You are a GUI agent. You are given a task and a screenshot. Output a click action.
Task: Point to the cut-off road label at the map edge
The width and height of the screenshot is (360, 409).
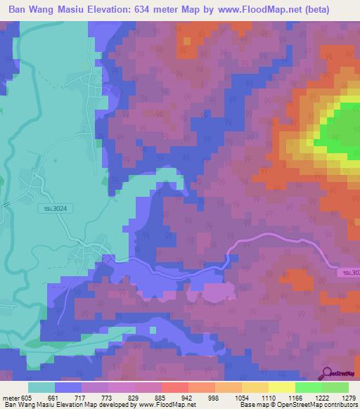tap(348, 272)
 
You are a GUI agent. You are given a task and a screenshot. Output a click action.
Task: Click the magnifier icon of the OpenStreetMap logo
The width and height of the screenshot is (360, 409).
tap(327, 374)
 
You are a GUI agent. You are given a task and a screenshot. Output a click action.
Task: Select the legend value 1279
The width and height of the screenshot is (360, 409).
tap(340, 397)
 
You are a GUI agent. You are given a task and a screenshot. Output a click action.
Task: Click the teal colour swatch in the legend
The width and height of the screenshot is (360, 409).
tap(41, 387)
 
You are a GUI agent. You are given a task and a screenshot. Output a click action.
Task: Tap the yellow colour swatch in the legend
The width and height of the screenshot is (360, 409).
tap(281, 387)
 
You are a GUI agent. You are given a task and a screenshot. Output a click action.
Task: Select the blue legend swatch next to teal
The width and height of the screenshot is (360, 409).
tap(68, 387)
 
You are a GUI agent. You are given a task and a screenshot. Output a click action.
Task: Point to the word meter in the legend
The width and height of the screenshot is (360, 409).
tap(10, 397)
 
